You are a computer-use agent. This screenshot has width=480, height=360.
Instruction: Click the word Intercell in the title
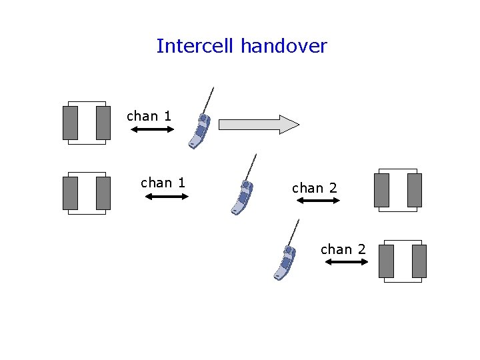(x=196, y=46)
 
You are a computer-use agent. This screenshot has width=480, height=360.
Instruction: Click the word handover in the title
(x=284, y=46)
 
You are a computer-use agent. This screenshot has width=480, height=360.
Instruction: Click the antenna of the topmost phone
(x=209, y=100)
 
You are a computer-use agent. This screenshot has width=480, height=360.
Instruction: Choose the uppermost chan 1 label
(x=149, y=116)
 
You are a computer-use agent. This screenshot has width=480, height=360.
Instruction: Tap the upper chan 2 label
(x=315, y=188)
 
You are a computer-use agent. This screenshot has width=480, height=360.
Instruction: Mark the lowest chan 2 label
(x=343, y=249)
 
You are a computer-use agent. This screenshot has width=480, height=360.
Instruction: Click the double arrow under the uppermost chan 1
(x=152, y=129)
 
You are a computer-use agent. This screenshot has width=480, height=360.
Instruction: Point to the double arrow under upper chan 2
(x=318, y=200)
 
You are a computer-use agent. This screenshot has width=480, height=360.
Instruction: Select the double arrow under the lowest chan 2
(x=346, y=262)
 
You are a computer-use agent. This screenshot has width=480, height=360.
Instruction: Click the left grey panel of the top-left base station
(x=70, y=123)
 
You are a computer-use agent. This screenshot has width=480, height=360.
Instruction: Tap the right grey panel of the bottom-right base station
(x=419, y=261)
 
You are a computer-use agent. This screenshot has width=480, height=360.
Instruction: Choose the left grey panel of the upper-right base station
(x=381, y=190)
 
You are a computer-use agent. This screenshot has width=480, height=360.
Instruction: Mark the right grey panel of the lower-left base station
(x=103, y=193)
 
